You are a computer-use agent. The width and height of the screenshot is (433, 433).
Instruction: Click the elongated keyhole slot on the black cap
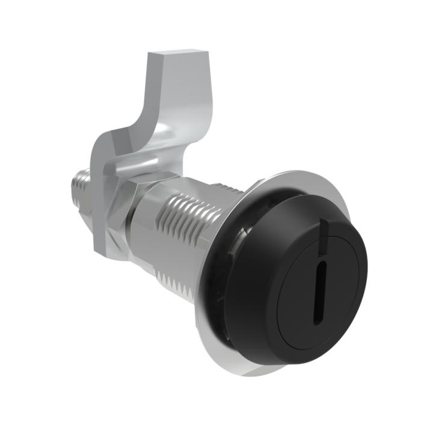pyautogui.click(x=322, y=285)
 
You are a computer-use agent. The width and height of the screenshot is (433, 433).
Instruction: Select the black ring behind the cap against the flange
pyautogui.click(x=210, y=283)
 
